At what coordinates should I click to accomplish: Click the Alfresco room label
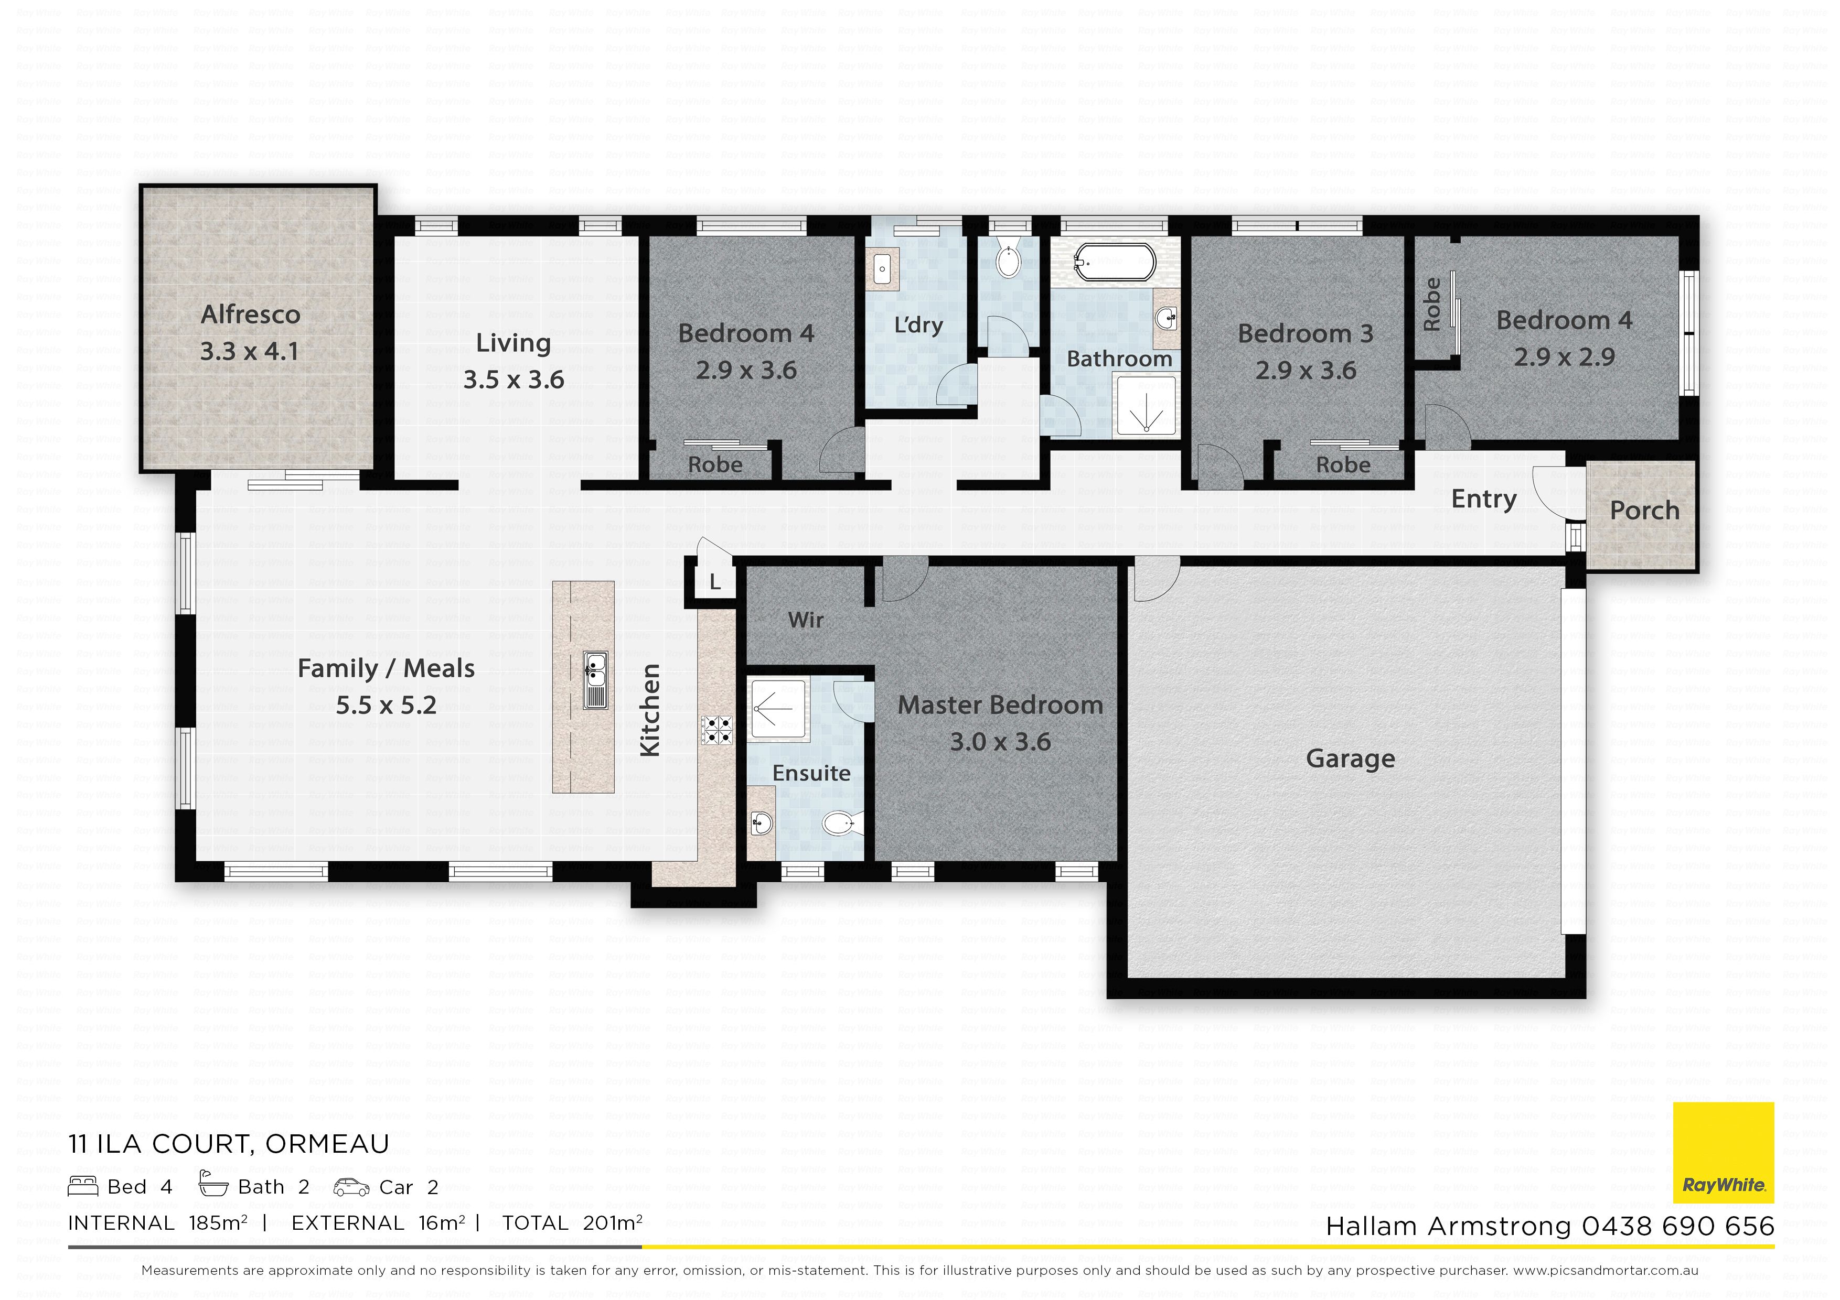pyautogui.click(x=250, y=315)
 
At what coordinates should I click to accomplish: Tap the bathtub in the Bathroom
pyautogui.click(x=1114, y=261)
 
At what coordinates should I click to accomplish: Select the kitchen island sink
pyautogui.click(x=595, y=680)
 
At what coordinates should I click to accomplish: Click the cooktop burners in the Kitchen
pyautogui.click(x=716, y=730)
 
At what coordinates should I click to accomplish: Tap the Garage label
pyautogui.click(x=1350, y=759)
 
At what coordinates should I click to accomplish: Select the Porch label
pyautogui.click(x=1644, y=510)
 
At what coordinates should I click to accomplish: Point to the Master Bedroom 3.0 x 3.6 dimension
pyautogui.click(x=1000, y=742)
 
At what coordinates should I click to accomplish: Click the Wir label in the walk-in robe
pyautogui.click(x=806, y=620)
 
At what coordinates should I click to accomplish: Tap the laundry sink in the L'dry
pyautogui.click(x=882, y=268)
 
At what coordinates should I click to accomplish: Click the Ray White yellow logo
pyautogui.click(x=1723, y=1153)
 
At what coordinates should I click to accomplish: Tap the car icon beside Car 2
pyautogui.click(x=351, y=1187)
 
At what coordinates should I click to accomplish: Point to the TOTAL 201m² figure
pyautogui.click(x=572, y=1223)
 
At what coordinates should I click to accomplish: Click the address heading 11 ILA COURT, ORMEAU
pyautogui.click(x=228, y=1144)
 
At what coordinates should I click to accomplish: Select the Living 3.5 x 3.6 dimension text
pyautogui.click(x=514, y=380)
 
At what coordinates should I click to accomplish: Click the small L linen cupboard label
pyautogui.click(x=715, y=583)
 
